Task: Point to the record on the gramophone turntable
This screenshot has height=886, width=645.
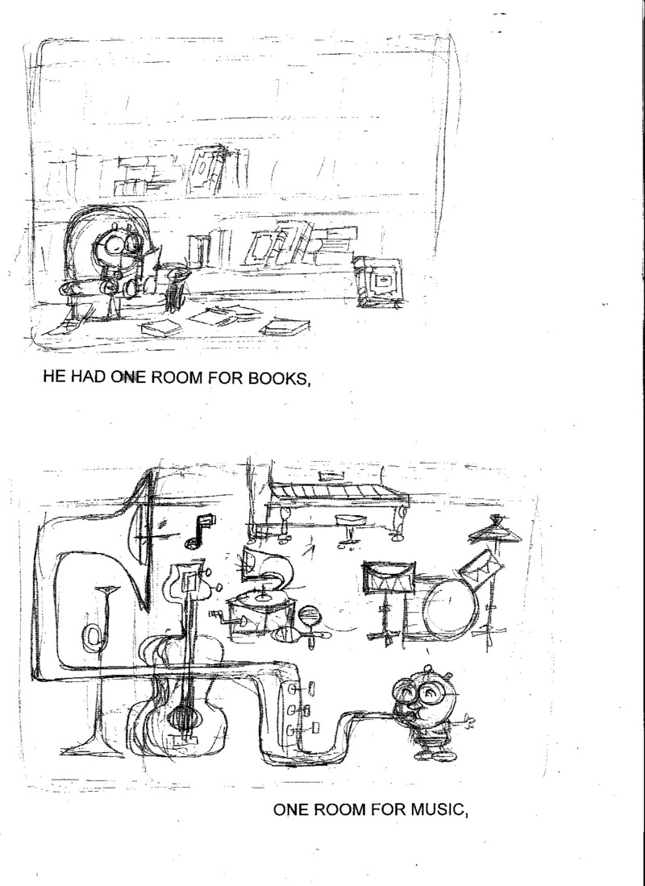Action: click(x=264, y=596)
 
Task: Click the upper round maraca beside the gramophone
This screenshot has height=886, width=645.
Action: click(x=310, y=615)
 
